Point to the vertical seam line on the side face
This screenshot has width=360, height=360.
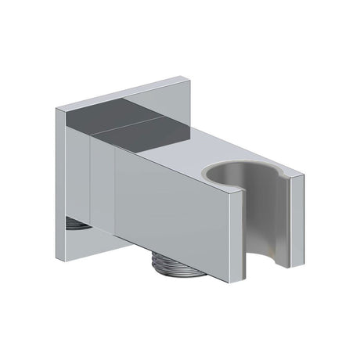pyautogui.click(x=115, y=200)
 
